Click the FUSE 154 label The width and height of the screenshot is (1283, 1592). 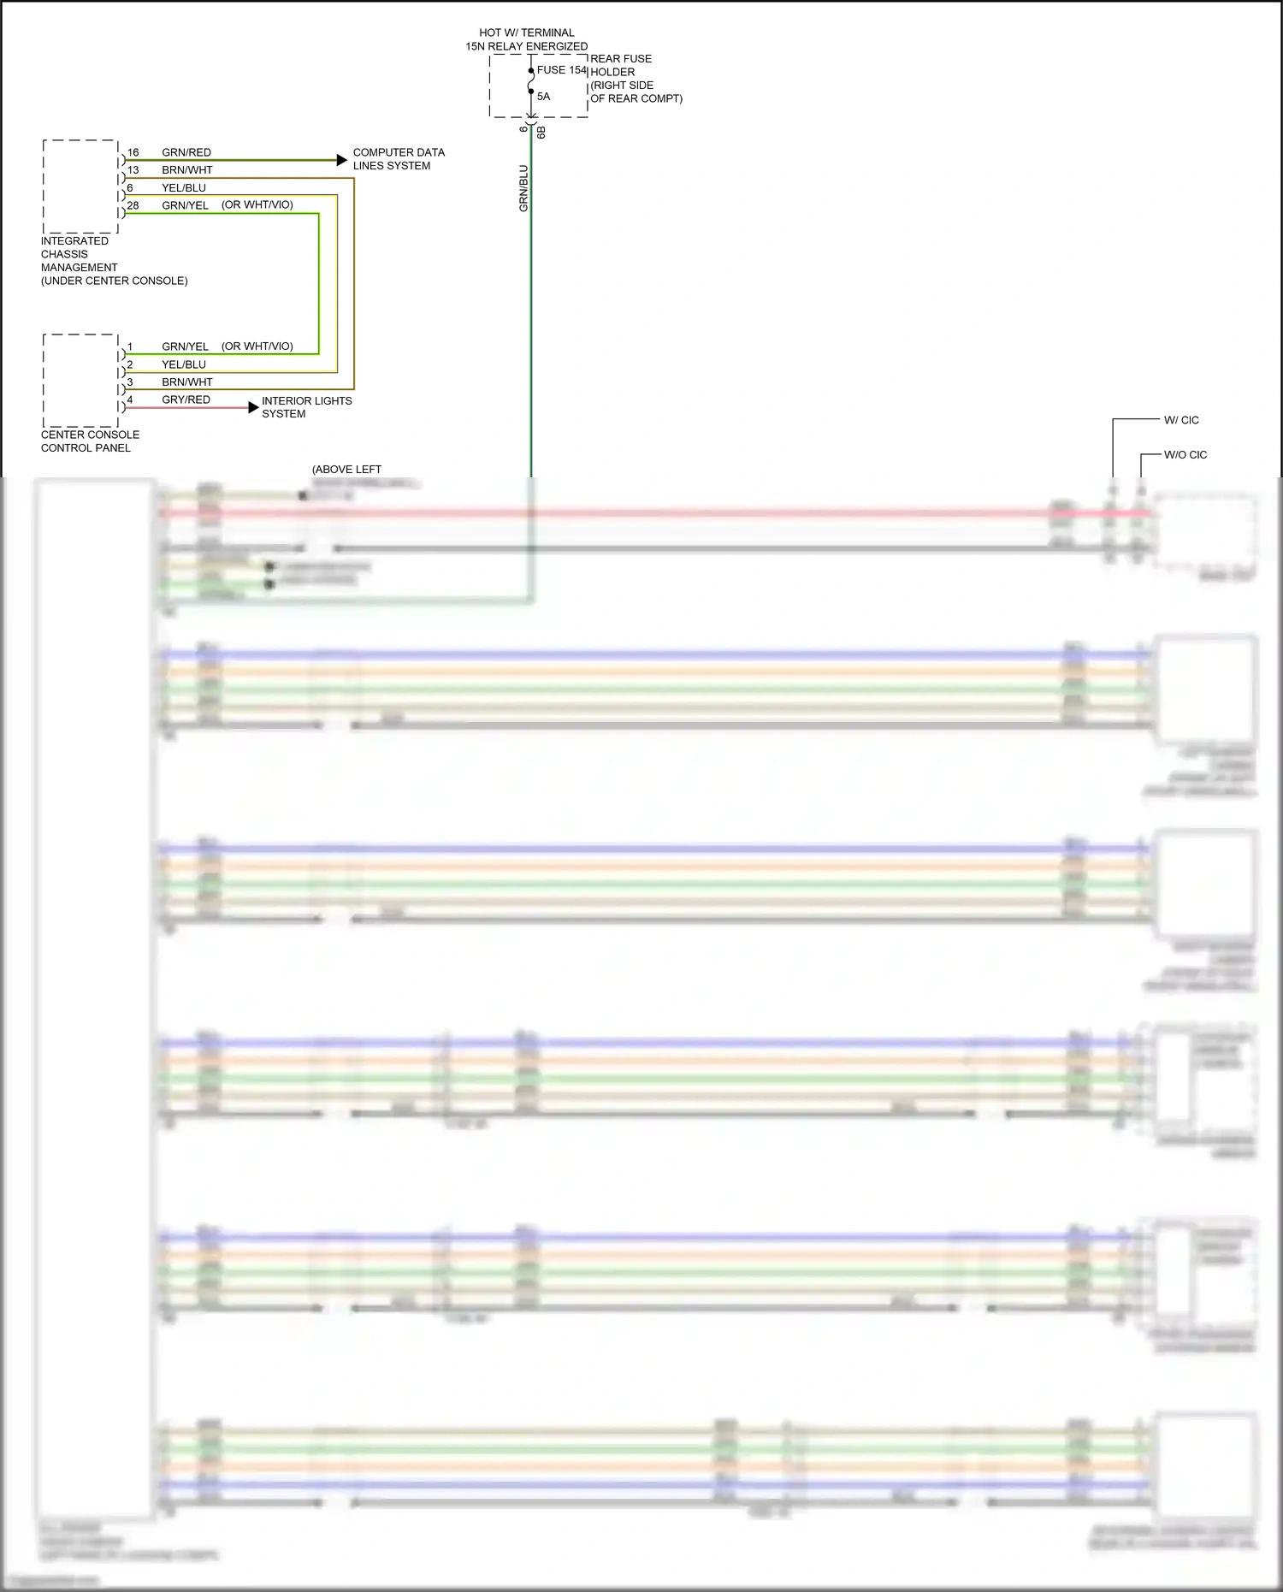tap(562, 70)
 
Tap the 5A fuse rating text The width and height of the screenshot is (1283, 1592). tap(543, 97)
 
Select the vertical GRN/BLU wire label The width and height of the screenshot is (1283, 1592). tap(523, 188)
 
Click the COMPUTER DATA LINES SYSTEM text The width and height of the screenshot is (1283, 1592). tap(399, 159)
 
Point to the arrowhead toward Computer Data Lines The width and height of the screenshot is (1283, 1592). tap(342, 160)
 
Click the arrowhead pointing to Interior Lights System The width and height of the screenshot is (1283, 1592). tap(253, 407)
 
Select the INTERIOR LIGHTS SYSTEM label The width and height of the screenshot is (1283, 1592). tap(306, 407)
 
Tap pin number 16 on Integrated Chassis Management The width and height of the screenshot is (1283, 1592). tap(133, 153)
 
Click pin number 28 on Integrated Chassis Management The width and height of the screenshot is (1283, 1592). tap(133, 206)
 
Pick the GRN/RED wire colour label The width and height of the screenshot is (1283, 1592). tap(186, 153)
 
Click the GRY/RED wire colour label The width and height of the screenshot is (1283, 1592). tap(186, 399)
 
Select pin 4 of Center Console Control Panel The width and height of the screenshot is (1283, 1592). tap(130, 399)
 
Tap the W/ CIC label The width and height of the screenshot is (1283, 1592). tap(1181, 420)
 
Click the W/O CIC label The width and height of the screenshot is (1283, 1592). tap(1185, 455)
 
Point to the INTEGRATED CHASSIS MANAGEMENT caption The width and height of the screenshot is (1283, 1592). tap(114, 261)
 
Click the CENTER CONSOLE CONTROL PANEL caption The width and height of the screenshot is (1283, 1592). tap(90, 441)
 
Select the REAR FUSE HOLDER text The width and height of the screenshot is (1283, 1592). tap(636, 79)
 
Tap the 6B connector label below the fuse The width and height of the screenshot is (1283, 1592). tap(541, 133)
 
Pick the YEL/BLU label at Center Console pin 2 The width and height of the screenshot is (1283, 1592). tap(184, 364)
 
